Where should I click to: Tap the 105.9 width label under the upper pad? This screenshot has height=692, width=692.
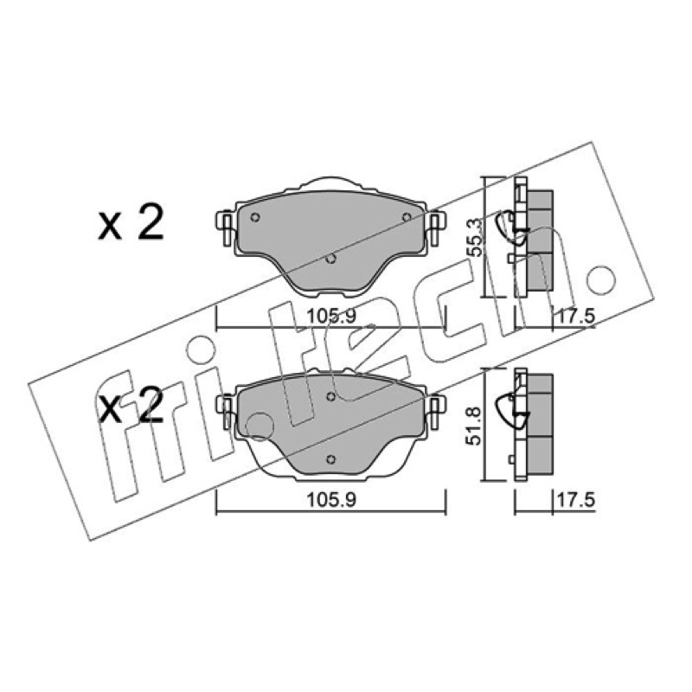click(x=331, y=316)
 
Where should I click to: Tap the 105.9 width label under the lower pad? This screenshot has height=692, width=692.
click(x=331, y=500)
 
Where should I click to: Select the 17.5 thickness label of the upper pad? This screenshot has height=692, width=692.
click(x=576, y=317)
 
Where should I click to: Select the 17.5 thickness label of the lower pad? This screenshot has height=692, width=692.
click(x=576, y=501)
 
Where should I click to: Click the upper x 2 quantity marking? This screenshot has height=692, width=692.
click(x=131, y=222)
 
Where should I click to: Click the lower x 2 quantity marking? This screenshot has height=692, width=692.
click(x=131, y=406)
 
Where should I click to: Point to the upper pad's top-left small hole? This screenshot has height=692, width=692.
click(x=254, y=217)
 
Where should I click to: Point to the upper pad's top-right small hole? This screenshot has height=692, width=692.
click(x=407, y=217)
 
